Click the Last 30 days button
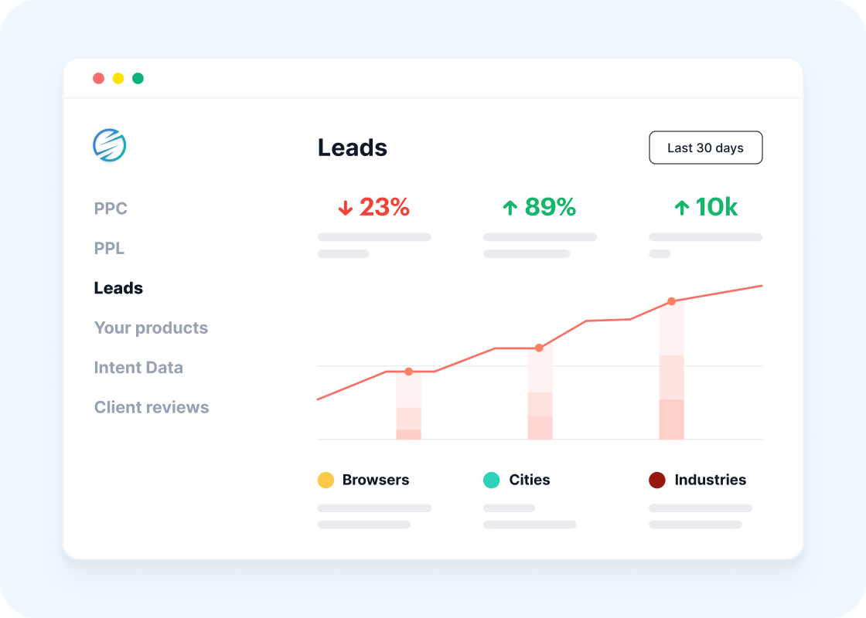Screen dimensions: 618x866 [x=705, y=148]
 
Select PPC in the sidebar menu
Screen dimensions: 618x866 [x=111, y=209]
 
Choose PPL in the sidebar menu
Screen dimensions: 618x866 [x=109, y=249]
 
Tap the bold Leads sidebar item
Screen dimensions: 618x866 [x=118, y=288]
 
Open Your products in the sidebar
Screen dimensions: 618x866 [x=151, y=328]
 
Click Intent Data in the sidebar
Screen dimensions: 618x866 [x=138, y=368]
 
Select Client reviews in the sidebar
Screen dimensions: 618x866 [x=152, y=407]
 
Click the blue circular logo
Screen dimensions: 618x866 [x=110, y=145]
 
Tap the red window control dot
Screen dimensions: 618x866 [x=98, y=78]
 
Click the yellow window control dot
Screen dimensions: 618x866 [x=118, y=78]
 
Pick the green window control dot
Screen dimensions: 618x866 [x=138, y=78]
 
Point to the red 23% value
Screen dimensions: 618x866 [x=374, y=207]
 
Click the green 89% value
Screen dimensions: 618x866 [x=540, y=207]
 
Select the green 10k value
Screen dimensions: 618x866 [x=706, y=207]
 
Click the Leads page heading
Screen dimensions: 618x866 [x=353, y=148]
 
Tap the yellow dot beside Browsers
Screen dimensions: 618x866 [x=326, y=480]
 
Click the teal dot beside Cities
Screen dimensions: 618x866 [x=491, y=480]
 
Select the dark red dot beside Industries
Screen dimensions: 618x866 [x=656, y=480]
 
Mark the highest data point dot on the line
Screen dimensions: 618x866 [x=671, y=301]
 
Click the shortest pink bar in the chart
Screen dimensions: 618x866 [x=408, y=406]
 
